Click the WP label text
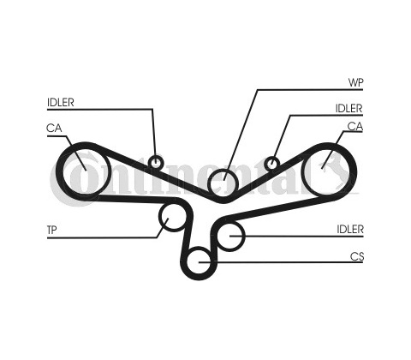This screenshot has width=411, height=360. click(355, 83)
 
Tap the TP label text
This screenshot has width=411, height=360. click(51, 230)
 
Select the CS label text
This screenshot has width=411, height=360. click(357, 256)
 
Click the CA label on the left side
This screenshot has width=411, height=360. click(54, 128)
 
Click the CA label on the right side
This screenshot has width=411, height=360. click(355, 126)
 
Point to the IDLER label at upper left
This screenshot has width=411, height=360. click(61, 102)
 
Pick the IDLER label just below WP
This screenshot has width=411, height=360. click(348, 108)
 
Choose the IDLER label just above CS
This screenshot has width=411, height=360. click(350, 229)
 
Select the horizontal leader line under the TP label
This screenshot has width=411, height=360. click(102, 237)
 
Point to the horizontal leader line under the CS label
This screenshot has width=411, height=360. click(281, 262)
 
